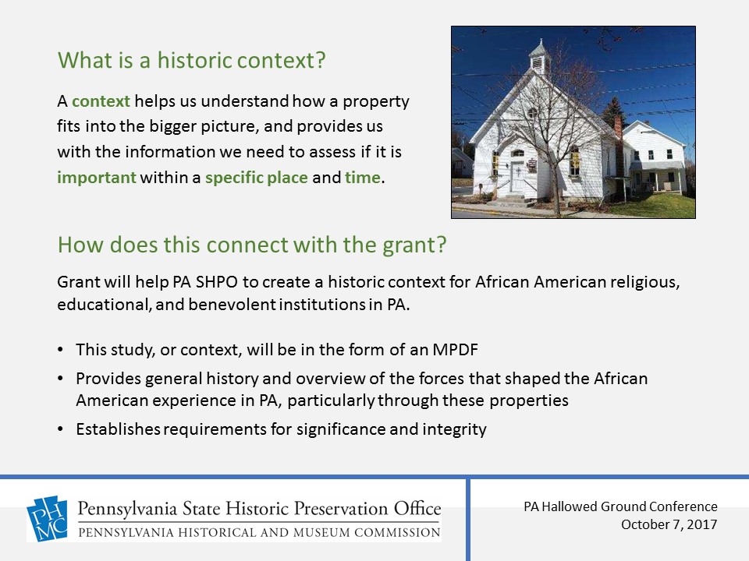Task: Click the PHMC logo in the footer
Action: point(47,519)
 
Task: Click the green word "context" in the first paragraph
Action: point(101,101)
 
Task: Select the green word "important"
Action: point(97,178)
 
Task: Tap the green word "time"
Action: point(363,178)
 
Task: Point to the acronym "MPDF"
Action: point(455,350)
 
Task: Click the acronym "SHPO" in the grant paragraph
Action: point(217,282)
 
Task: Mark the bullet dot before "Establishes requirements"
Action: point(60,429)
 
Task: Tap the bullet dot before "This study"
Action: point(60,350)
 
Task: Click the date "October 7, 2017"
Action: point(669,524)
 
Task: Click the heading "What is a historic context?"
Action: point(192,61)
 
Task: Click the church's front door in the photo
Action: point(516,177)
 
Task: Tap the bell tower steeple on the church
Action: point(539,56)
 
